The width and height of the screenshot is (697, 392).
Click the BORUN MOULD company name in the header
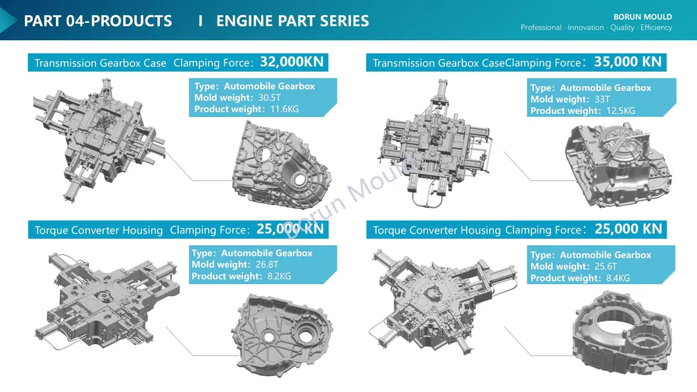point(642,17)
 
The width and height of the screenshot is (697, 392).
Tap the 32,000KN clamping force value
point(292,62)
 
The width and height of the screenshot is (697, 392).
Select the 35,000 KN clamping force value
point(627,62)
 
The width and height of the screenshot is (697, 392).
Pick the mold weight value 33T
point(602,99)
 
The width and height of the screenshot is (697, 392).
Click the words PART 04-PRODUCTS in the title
point(98,21)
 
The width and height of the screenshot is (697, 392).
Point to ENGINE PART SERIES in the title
point(293,21)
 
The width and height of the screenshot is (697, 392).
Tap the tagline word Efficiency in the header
point(656,28)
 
